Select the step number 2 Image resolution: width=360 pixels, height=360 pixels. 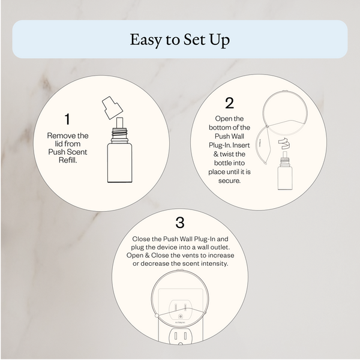point(229,103)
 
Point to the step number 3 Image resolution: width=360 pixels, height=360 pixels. point(179,223)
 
